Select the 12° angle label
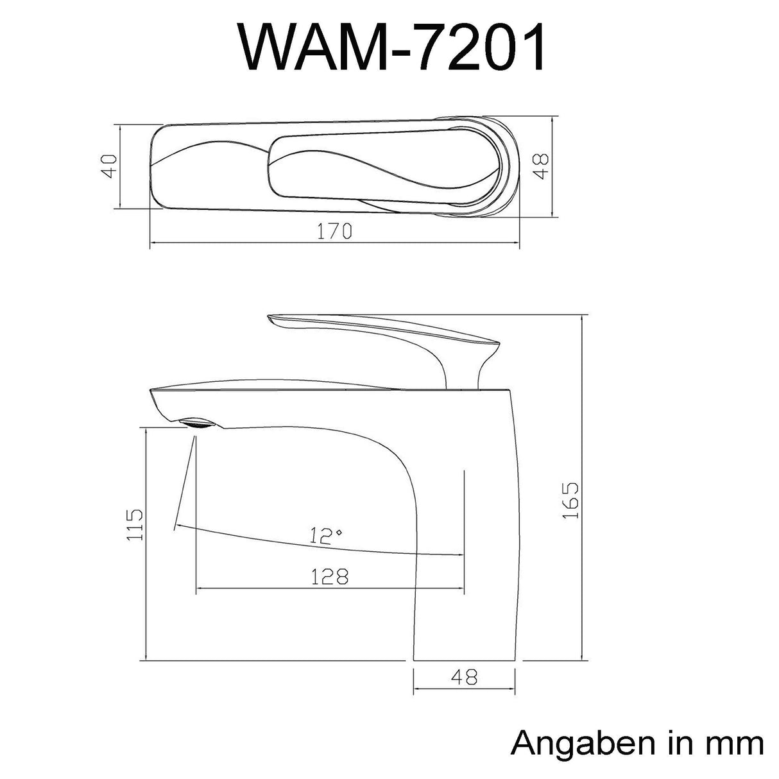(x=323, y=535)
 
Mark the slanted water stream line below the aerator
(x=184, y=481)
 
